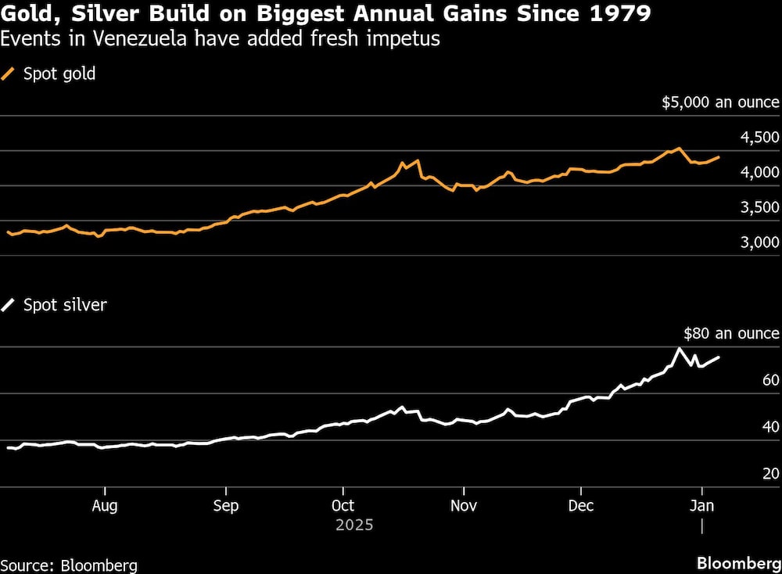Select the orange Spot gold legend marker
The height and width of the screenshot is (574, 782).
pos(9,74)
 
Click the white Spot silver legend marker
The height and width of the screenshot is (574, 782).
pos(9,305)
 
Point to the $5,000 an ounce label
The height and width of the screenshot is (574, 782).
pos(720,102)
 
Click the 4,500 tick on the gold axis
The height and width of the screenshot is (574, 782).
pos(759,138)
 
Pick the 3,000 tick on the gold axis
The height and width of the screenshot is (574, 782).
pos(759,243)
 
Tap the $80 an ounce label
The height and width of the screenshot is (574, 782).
pos(731,333)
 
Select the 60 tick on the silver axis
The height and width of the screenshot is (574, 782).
pos(770,380)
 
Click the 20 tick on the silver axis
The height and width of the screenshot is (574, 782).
pos(770,474)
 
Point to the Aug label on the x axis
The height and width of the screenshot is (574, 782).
pos(105,505)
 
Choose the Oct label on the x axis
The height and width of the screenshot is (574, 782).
pos(343,505)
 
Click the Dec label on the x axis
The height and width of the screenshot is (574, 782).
pos(581,505)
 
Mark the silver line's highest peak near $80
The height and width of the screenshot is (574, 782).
pos(679,348)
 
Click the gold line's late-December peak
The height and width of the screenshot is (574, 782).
pos(679,149)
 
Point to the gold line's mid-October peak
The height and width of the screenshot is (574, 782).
pos(418,160)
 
